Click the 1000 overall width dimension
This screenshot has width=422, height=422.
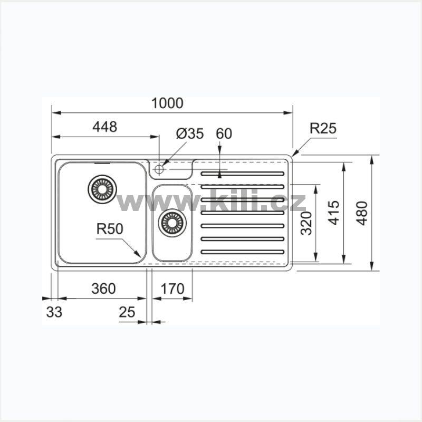pyautogui.click(x=167, y=103)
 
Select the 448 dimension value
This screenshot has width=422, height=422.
pyautogui.click(x=104, y=127)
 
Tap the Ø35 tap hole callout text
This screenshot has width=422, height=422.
pyautogui.click(x=190, y=134)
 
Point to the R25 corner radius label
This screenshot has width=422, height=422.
pyautogui.click(x=323, y=128)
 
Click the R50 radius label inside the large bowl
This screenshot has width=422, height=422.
pyautogui.click(x=110, y=229)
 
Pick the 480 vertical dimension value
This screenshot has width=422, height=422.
pyautogui.click(x=362, y=213)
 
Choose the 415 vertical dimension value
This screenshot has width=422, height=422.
pyautogui.click(x=334, y=213)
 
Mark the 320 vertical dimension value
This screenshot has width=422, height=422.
pyautogui.click(x=306, y=223)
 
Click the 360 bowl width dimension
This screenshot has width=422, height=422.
pyautogui.click(x=103, y=289)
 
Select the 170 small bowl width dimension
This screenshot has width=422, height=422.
pyautogui.click(x=172, y=289)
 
